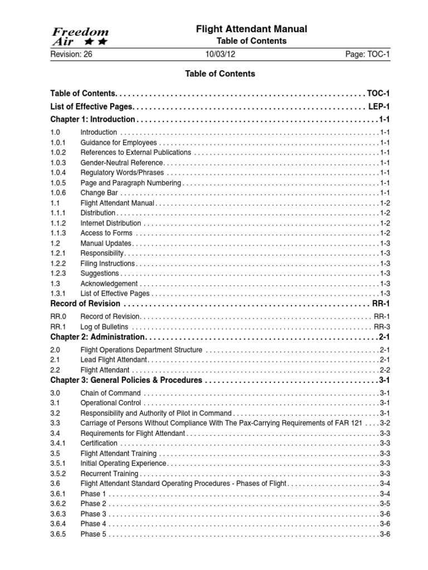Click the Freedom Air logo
tap(80, 36)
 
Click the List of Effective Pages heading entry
tap(92, 106)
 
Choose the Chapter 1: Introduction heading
tap(93, 119)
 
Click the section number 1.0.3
tap(58, 163)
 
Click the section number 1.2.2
tap(58, 263)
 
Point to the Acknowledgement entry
tap(109, 283)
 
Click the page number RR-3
tap(382, 326)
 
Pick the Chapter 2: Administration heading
tap(98, 337)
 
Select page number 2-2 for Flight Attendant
tap(385, 370)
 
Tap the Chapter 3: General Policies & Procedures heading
tap(126, 380)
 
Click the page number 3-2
tap(385, 423)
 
